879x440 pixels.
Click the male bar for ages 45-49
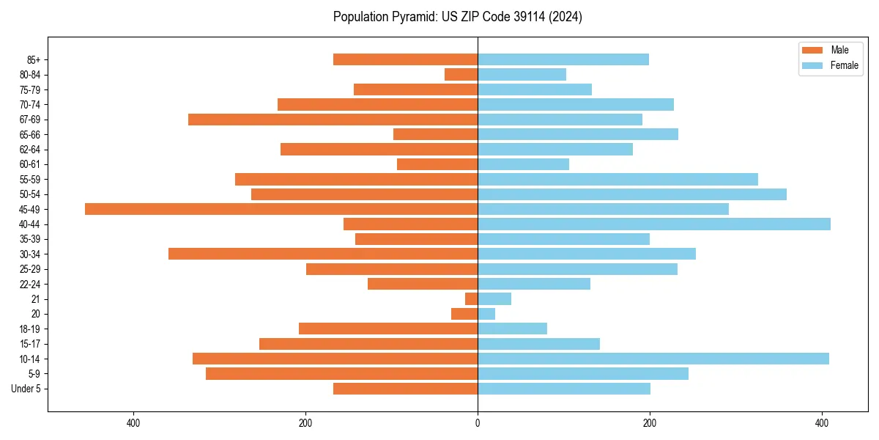coord(281,209)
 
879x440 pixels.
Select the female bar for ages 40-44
coord(654,224)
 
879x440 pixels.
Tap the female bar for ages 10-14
coord(653,359)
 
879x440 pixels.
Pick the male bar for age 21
coord(472,298)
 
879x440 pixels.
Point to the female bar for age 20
coord(486,314)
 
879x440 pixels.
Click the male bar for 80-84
coord(461,74)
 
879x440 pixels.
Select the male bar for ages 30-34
coord(323,254)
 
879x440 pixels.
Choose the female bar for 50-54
coord(632,194)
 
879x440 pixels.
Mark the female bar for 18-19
coord(513,329)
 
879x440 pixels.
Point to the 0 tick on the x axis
coord(478,423)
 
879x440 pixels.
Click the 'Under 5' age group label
coord(26,389)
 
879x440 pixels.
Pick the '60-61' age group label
coord(30,164)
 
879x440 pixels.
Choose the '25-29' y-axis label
coord(30,269)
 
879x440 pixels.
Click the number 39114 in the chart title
coord(522,17)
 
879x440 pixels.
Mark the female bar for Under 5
coord(564,389)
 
